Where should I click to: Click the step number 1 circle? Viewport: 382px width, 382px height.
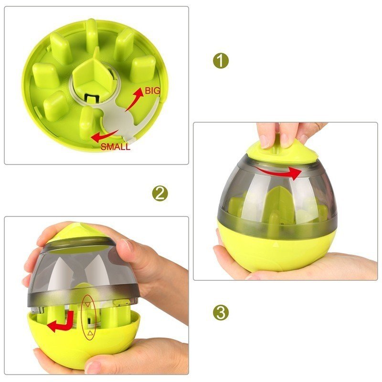click(221, 61)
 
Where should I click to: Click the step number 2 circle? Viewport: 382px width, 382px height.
click(160, 194)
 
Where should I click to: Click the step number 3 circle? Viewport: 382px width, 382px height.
click(221, 313)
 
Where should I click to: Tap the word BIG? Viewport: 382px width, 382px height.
click(152, 91)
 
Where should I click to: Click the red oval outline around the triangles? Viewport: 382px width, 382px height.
click(87, 318)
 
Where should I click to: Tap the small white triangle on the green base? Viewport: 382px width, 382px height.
click(275, 244)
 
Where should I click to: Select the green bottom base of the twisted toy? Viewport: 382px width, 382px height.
click(276, 246)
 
